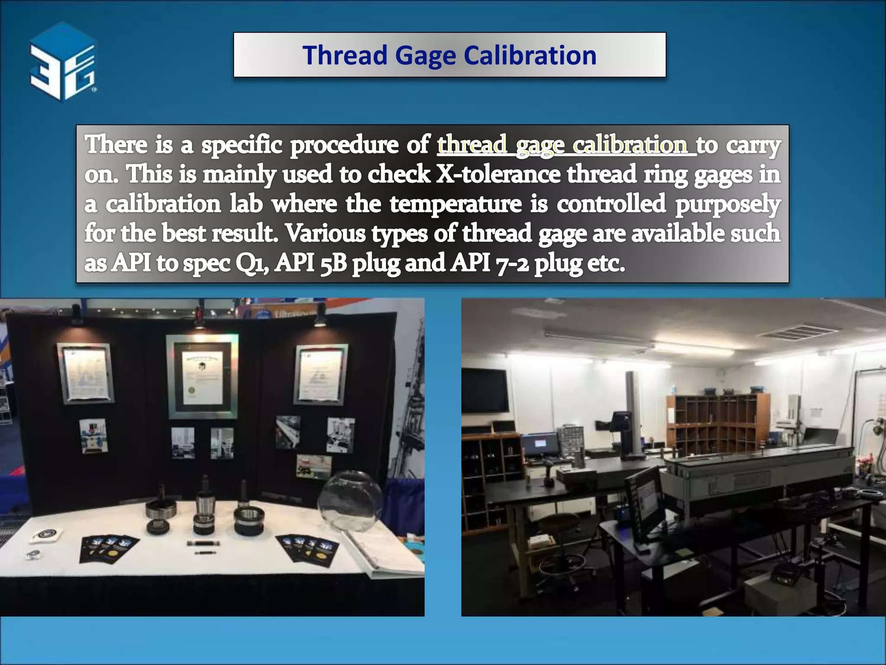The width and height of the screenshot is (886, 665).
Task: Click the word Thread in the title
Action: [x=344, y=55]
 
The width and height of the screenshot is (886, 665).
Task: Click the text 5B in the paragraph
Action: [x=334, y=263]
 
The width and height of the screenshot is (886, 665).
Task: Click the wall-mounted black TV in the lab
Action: [x=485, y=390]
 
